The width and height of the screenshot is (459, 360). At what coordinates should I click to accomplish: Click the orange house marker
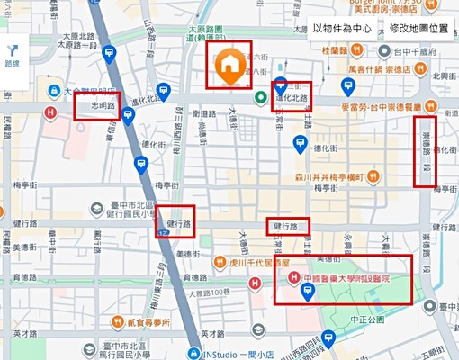click(x=230, y=67)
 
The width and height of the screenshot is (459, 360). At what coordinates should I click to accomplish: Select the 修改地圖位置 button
click(x=418, y=29)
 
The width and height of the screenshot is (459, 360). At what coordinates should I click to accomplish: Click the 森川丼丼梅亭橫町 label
click(x=329, y=176)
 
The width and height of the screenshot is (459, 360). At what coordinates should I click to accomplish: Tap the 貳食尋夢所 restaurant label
click(x=149, y=320)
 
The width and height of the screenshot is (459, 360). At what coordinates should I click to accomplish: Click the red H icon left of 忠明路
click(x=53, y=112)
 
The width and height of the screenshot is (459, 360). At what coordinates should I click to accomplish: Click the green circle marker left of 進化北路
click(x=260, y=98)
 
